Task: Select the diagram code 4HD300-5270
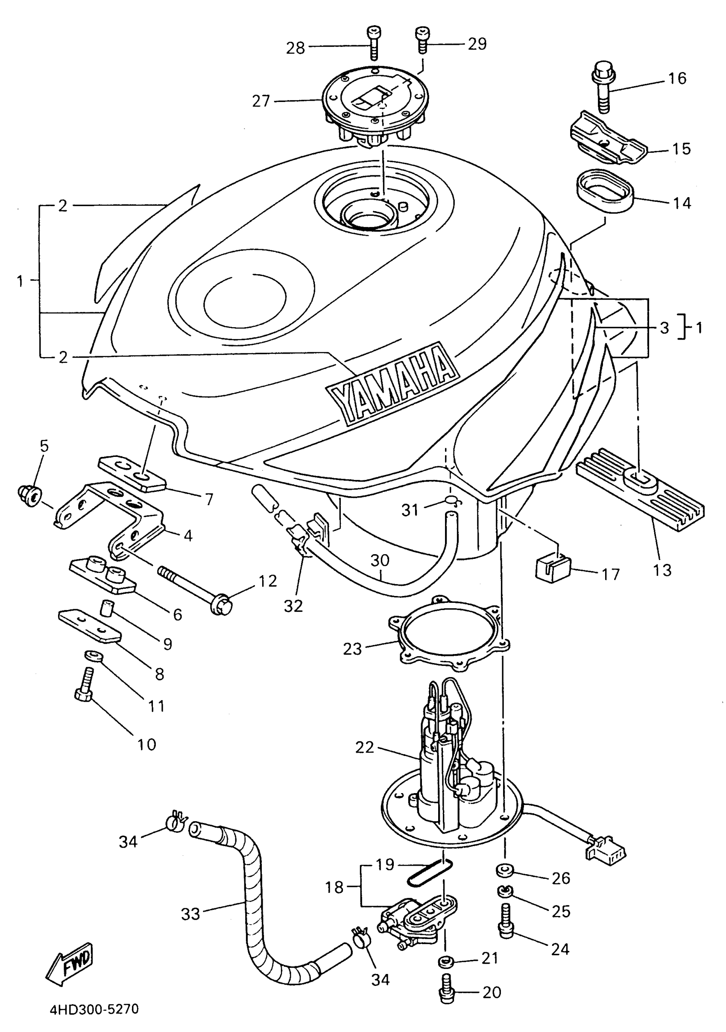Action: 94,1009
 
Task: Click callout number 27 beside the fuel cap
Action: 261,101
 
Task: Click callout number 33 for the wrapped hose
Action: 190,913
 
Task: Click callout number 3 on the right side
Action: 665,328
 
